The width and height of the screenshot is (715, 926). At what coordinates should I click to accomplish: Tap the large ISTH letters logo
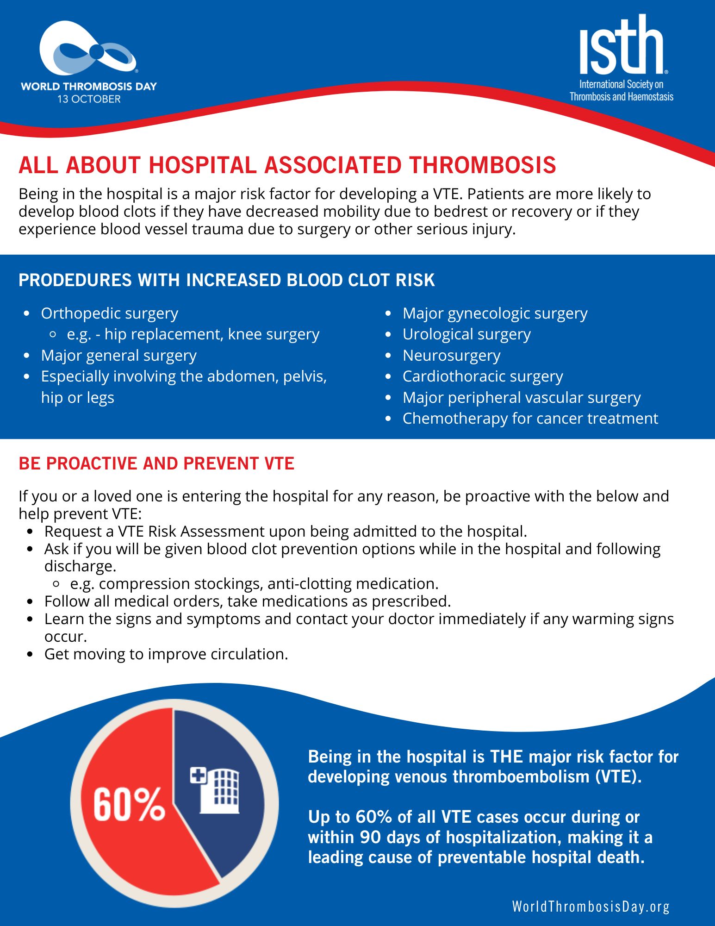pyautogui.click(x=621, y=46)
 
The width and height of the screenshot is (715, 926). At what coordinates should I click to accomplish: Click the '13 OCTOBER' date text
pyautogui.click(x=89, y=99)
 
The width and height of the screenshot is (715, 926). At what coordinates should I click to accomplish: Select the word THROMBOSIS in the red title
pyautogui.click(x=483, y=165)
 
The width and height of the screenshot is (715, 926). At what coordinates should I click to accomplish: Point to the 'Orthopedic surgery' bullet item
pyautogui.click(x=109, y=313)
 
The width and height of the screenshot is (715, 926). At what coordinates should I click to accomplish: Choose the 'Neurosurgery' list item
pyautogui.click(x=451, y=356)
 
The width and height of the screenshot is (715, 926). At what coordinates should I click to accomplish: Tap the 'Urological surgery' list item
pyautogui.click(x=466, y=334)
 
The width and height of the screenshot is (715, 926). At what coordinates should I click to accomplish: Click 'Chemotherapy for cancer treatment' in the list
pyautogui.click(x=530, y=419)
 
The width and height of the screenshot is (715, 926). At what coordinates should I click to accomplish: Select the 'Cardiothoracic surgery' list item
pyautogui.click(x=483, y=376)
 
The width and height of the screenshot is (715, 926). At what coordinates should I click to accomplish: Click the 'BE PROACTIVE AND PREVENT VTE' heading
pyautogui.click(x=156, y=463)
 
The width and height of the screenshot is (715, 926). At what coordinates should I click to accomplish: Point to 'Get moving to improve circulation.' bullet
pyautogui.click(x=166, y=654)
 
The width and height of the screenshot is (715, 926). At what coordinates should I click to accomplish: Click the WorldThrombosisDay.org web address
pyautogui.click(x=591, y=907)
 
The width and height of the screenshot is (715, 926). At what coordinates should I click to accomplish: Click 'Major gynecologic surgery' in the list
pyautogui.click(x=495, y=313)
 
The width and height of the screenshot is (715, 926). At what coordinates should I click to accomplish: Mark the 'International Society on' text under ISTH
pyautogui.click(x=621, y=84)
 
